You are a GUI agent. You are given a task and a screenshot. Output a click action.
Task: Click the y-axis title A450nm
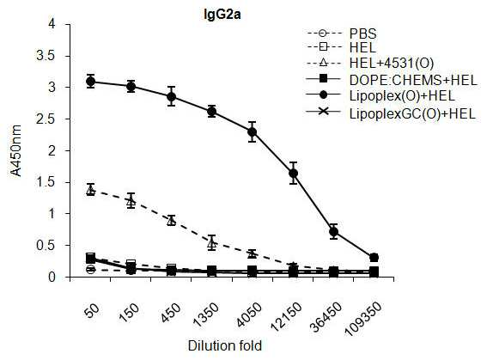(16, 150)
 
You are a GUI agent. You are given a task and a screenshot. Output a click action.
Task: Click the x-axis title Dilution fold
(225, 345)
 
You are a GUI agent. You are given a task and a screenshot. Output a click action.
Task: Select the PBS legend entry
(341, 34)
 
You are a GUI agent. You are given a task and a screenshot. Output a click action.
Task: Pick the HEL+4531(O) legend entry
(369, 63)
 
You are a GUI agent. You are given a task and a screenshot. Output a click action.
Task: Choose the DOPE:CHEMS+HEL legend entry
(392, 80)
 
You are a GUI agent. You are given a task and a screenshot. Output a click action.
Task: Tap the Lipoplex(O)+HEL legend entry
(380, 95)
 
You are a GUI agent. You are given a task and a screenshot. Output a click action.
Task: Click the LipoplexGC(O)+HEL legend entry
(391, 113)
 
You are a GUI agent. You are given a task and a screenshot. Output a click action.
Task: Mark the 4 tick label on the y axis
(52, 24)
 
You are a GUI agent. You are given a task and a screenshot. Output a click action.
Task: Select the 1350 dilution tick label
(205, 314)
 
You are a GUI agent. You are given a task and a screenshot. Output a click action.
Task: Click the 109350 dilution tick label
(363, 319)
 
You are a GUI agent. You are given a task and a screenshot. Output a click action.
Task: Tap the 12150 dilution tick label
(286, 316)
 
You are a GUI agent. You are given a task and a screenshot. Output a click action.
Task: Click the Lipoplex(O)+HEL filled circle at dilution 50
(91, 82)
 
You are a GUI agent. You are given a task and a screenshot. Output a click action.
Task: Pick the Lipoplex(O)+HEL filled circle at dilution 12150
(293, 173)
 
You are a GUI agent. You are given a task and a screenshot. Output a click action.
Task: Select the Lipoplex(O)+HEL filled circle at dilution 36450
(333, 232)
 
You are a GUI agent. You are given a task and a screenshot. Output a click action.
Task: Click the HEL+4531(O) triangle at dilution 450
(172, 221)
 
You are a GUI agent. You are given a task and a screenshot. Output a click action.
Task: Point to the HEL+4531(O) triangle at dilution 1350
(212, 242)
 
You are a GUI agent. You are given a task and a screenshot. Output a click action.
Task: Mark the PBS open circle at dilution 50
(91, 270)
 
